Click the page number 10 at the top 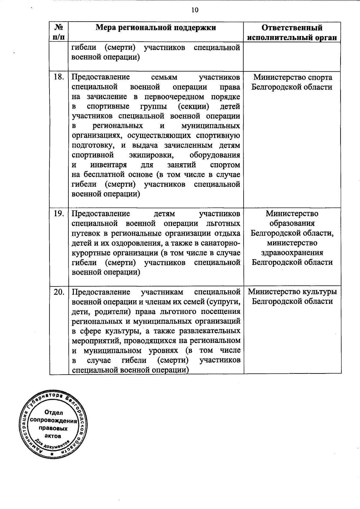pos(195,10)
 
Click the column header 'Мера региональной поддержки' pos(156,28)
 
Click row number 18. pos(59,77)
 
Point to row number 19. pos(59,214)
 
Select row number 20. pos(59,292)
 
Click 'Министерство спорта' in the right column pos(293,77)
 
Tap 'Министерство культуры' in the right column pos(292,292)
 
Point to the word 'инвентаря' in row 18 pos(108,165)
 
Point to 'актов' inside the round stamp pos(53,436)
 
